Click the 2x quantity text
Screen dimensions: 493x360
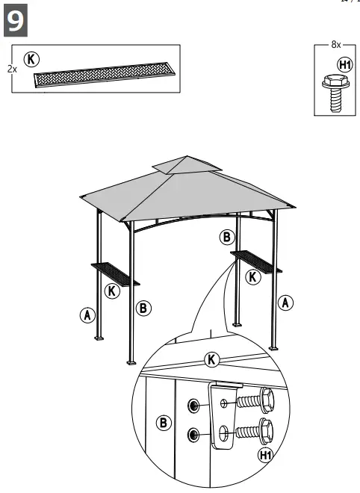coord(12,68)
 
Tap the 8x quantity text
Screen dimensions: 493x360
coord(336,45)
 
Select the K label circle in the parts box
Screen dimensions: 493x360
coord(32,59)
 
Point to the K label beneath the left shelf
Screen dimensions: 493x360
coord(112,291)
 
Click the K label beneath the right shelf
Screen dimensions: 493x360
coord(253,277)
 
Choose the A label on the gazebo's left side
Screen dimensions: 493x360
coord(87,315)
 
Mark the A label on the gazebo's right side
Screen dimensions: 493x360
coord(285,303)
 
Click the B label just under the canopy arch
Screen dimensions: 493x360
coord(227,238)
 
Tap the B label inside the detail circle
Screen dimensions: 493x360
coord(164,423)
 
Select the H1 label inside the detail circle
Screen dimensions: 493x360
coord(265,455)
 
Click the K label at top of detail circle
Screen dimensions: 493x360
coord(212,360)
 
